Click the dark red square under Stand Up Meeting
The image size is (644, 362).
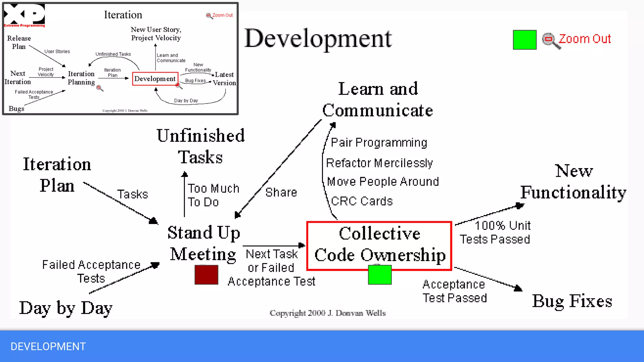[x=206, y=275]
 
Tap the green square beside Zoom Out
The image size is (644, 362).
[x=525, y=40]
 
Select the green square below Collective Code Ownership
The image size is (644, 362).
[x=380, y=275]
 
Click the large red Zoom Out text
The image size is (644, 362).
[x=585, y=39]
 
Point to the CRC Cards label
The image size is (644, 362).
[x=362, y=201]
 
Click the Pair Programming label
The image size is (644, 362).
[x=379, y=143]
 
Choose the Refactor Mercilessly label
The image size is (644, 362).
[x=379, y=163]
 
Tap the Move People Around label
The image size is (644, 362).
[x=383, y=182]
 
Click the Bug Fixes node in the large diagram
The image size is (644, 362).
[x=572, y=301]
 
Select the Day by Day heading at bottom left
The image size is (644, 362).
[x=66, y=308]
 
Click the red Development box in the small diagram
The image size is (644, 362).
[x=155, y=79]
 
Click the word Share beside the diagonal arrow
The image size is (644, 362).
[x=281, y=192]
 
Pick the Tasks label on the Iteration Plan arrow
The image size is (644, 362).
[x=132, y=195]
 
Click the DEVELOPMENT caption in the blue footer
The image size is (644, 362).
[x=48, y=346]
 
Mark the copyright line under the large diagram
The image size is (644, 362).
[x=328, y=313]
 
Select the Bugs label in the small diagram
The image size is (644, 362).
[x=16, y=109]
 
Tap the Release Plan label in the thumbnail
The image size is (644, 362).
[x=19, y=42]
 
